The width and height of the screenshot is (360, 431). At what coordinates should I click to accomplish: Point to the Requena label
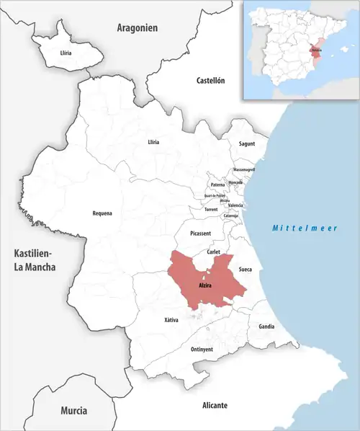click(x=102, y=213)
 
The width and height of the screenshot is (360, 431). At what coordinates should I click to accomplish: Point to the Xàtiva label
click(x=171, y=319)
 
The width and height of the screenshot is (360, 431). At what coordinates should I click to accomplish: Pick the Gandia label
click(x=266, y=326)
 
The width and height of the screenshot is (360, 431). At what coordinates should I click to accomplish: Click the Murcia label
click(x=73, y=411)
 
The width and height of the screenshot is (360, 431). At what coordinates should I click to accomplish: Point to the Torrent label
click(x=211, y=209)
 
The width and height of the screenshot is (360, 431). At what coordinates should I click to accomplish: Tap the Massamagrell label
click(x=244, y=169)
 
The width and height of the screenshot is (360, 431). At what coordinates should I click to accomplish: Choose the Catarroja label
click(x=231, y=215)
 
